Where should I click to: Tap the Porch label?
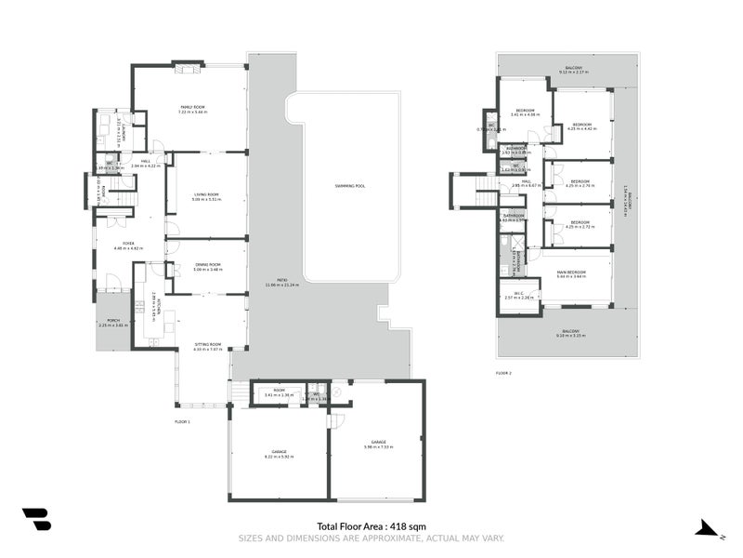(113, 323)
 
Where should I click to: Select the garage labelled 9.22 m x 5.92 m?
(278, 456)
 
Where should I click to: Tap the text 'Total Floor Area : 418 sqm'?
(371, 526)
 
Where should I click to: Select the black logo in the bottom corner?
(36, 520)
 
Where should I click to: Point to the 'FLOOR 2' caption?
(503, 373)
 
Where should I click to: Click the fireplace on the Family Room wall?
(189, 66)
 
